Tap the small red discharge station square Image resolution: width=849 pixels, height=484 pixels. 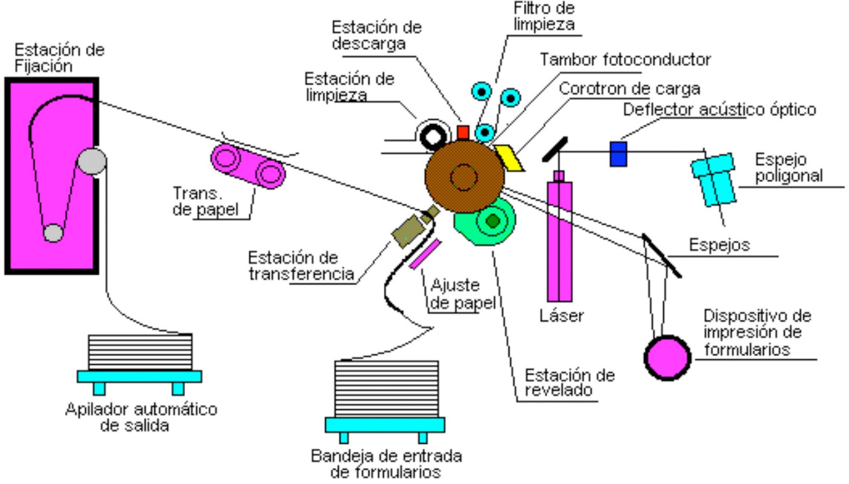pos(463,132)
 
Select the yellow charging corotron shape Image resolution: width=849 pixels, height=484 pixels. pos(509,157)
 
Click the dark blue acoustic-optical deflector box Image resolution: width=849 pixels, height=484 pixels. pos(618,154)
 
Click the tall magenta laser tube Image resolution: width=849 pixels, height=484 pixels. pos(559,241)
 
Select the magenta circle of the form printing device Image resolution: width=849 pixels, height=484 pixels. pos(667,357)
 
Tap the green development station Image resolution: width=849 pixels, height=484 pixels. pos(486,223)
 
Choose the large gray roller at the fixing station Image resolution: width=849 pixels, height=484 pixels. pos(92,161)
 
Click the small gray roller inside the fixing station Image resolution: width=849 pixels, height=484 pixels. pos(53,233)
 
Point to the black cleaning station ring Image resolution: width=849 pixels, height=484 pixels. pos(433,137)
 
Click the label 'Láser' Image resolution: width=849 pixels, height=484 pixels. pos(561,315)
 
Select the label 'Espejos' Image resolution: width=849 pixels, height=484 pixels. pos(719,244)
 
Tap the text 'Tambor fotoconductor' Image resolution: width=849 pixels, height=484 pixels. pos(625,59)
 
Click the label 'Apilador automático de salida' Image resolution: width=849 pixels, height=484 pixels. pos(141,417)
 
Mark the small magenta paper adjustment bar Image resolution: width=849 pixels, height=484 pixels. pos(425,254)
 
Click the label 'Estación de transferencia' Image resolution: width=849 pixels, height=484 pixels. pos(300,266)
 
